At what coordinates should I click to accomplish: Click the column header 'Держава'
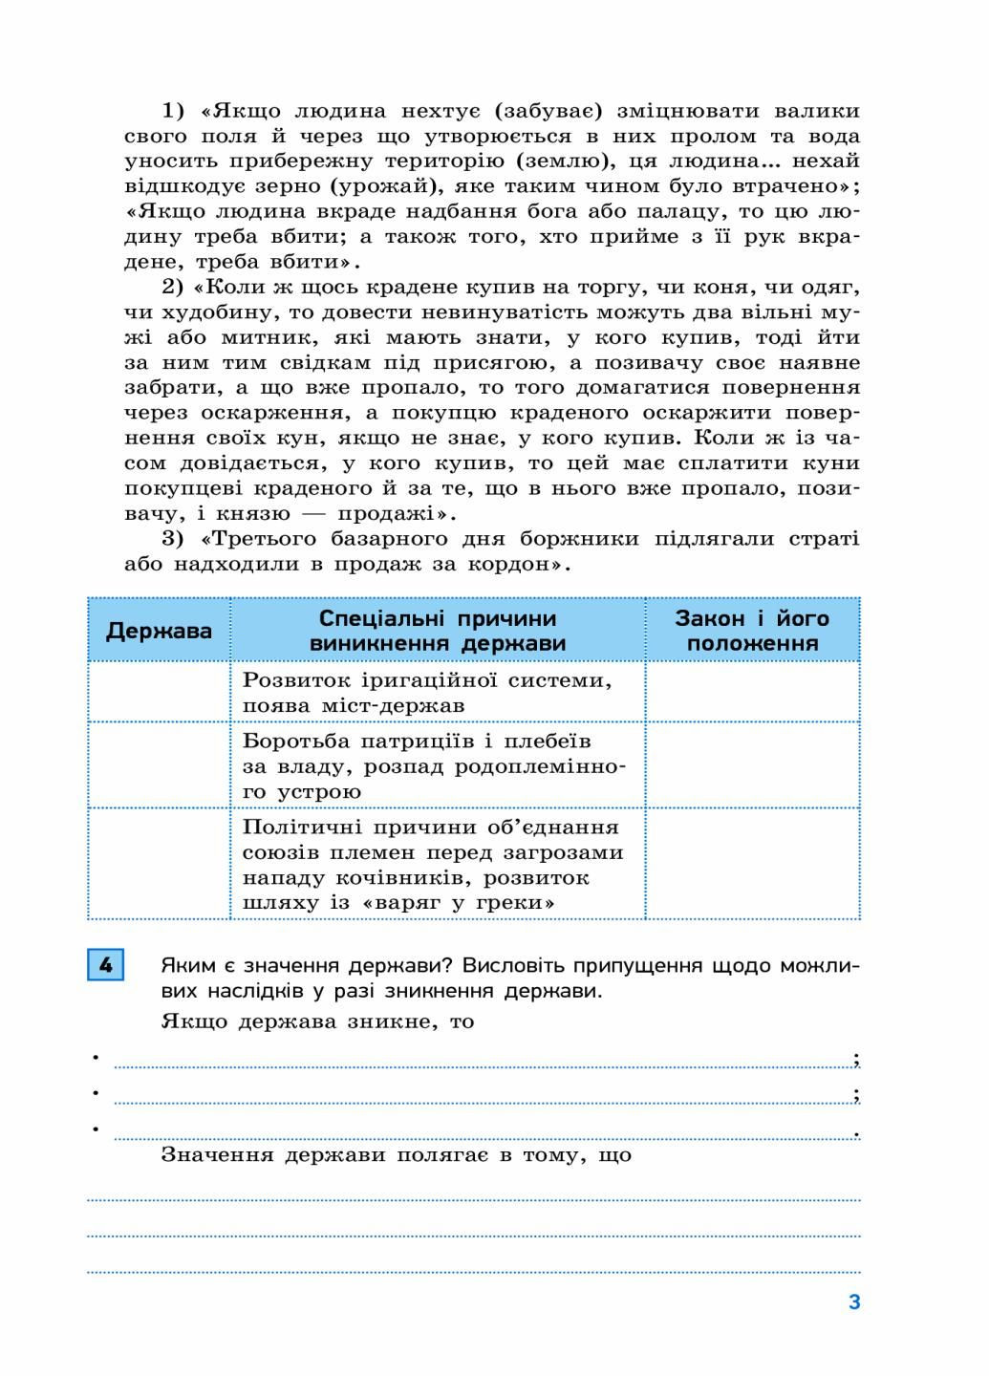point(159,631)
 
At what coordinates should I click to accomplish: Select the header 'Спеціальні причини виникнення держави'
point(438,631)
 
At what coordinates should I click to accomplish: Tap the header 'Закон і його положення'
point(752,631)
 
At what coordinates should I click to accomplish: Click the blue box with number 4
point(105,966)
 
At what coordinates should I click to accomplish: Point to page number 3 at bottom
point(854,1301)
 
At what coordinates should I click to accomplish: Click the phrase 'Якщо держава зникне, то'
point(317,1021)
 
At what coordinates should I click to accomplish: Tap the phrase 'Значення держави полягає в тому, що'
point(396,1154)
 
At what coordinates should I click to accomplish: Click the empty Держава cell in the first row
point(159,693)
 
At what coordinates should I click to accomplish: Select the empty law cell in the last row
point(752,865)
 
